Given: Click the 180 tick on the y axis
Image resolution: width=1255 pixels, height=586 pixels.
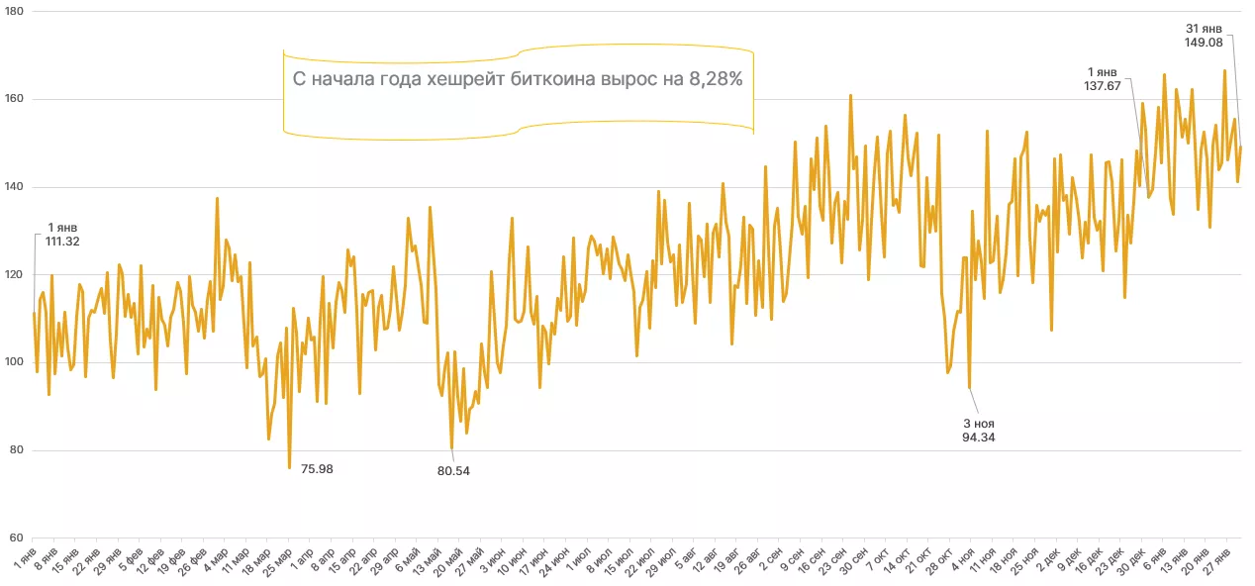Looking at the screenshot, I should tap(16, 12).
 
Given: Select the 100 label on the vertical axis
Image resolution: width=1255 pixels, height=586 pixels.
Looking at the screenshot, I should tap(16, 362).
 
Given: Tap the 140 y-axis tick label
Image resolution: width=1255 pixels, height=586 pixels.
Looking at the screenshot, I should tap(16, 187).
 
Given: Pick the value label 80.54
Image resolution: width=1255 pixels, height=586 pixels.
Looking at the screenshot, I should tap(453, 470).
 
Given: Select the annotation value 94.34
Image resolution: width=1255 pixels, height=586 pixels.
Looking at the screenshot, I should tap(978, 437).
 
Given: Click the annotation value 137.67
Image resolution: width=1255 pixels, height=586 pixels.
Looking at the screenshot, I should tap(1104, 86).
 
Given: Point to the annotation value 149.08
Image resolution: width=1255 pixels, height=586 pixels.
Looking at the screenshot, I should tap(1204, 43).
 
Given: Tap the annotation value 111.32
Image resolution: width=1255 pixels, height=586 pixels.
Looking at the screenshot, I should tap(61, 242).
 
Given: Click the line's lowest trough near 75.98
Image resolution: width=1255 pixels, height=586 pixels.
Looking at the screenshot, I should tap(289, 467).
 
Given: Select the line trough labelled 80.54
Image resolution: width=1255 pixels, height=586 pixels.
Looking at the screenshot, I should tap(451, 448).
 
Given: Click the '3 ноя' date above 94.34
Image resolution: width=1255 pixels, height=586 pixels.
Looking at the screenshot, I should tap(978, 423).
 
